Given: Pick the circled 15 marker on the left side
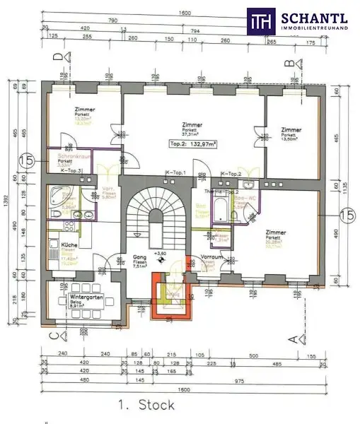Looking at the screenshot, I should tap(28, 162).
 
